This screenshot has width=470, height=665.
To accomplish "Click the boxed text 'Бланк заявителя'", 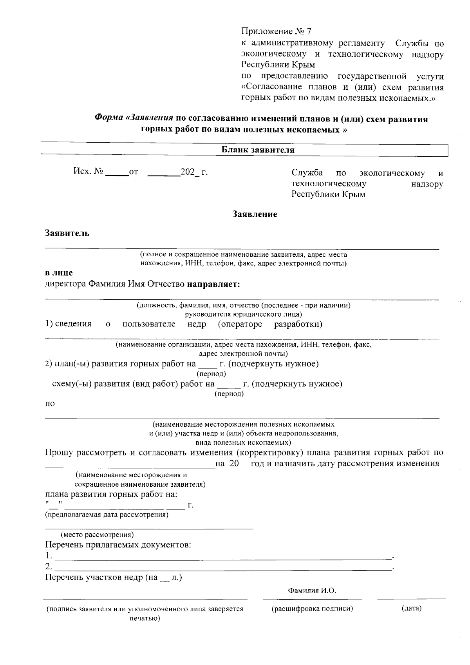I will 258,150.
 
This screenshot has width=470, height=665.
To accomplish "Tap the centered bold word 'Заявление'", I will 255,214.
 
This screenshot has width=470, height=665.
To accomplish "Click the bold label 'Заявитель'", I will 67,234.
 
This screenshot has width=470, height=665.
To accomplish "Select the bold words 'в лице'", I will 59,273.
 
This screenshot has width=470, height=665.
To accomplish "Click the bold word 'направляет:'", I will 213,284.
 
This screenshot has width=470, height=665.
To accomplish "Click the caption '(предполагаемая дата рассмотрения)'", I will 107,515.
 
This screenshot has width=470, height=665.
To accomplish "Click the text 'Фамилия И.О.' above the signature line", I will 312,591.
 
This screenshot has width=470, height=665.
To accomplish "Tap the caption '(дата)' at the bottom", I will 411,609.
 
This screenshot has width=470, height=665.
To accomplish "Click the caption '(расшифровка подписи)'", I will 312,609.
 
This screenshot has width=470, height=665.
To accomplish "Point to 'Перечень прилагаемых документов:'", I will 118,545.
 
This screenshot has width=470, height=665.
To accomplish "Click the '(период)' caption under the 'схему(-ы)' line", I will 229,394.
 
